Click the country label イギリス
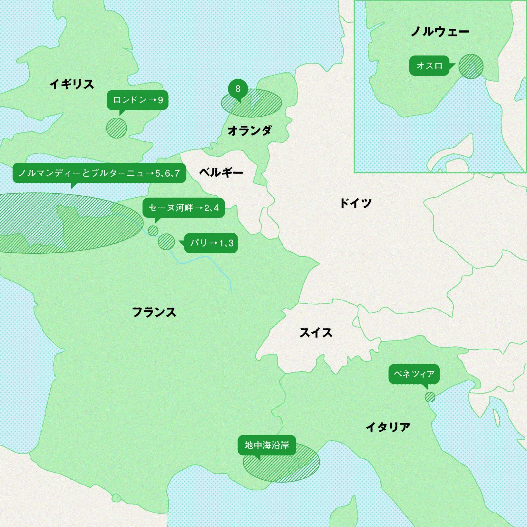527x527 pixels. click(72, 84)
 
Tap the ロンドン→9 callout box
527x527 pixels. click(138, 100)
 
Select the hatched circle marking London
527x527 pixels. click(117, 128)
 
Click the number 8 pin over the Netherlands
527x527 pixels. click(238, 89)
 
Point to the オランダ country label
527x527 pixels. click(250, 131)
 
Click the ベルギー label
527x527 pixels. click(221, 172)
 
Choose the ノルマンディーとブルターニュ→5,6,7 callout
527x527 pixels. click(99, 173)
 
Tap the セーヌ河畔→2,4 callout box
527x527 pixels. click(183, 208)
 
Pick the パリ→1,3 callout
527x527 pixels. click(211, 243)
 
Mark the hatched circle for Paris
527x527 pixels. click(166, 242)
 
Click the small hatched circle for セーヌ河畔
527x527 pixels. click(153, 231)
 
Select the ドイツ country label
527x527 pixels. click(356, 203)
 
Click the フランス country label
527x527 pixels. click(154, 312)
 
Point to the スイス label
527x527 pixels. click(316, 333)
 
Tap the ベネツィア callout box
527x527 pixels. click(414, 374)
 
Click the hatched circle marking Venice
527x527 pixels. click(430, 397)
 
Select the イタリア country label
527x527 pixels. click(388, 427)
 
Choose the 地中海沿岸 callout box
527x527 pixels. click(267, 445)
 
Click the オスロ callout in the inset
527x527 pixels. click(429, 66)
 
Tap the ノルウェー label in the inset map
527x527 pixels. click(440, 32)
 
